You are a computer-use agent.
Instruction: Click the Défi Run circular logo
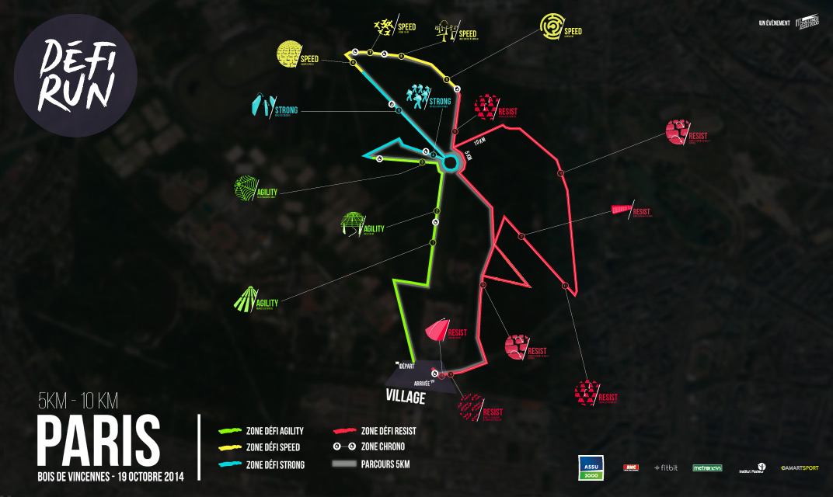[75, 75]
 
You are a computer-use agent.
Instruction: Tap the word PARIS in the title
[98, 440]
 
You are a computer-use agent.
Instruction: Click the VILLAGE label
[406, 397]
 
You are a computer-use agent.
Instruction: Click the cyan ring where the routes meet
[450, 162]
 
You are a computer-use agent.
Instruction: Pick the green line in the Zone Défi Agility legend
[231, 430]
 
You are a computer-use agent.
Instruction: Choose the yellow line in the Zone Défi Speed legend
[231, 447]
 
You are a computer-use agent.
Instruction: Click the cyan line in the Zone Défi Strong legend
[231, 464]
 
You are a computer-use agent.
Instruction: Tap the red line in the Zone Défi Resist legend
[344, 430]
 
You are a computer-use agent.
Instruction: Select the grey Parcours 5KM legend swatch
[344, 464]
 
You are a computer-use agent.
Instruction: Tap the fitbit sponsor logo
[666, 467]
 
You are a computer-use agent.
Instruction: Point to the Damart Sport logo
[800, 467]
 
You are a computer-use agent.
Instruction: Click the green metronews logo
[707, 467]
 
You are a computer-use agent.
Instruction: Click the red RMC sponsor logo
[631, 467]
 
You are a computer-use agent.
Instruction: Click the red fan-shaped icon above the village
[436, 330]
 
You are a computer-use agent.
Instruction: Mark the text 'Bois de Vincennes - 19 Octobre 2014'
[110, 475]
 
